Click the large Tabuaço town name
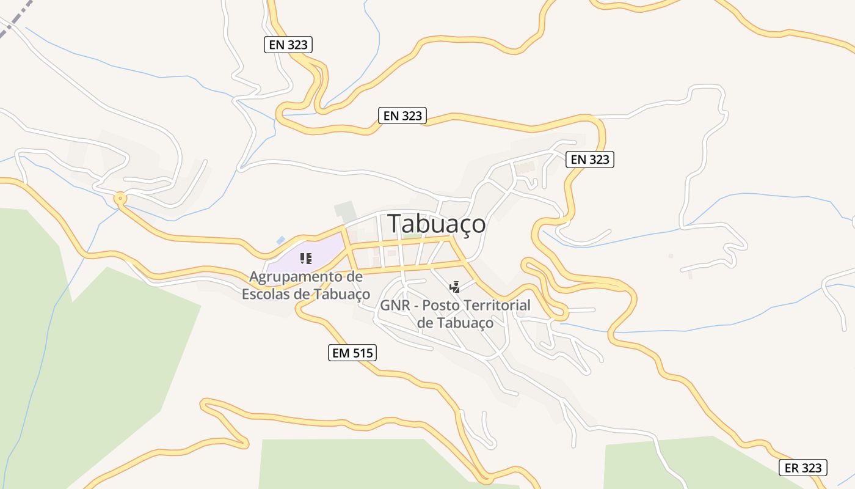[437, 224]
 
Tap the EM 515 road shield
[352, 353]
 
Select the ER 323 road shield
[803, 468]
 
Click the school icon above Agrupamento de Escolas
[306, 259]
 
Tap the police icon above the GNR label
[454, 287]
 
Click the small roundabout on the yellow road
[120, 198]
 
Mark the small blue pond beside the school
[280, 241]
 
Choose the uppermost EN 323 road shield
[288, 45]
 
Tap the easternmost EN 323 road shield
[589, 160]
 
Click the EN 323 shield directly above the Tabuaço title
[402, 116]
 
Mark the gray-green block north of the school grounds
[344, 211]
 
